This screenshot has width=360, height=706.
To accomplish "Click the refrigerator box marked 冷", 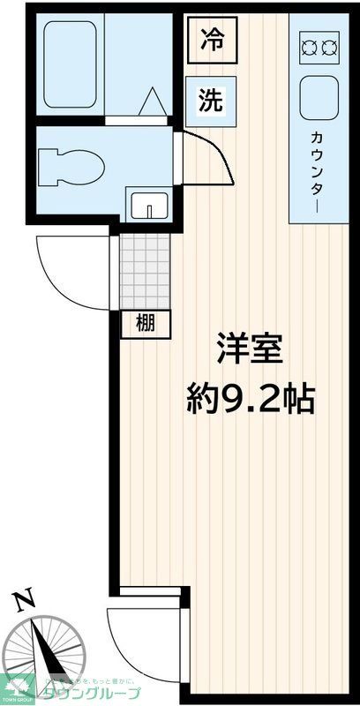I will pyautogui.click(x=211, y=41).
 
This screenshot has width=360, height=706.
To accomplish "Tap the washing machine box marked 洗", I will pyautogui.click(x=210, y=100).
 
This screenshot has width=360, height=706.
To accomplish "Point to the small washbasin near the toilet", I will pyautogui.click(x=149, y=205).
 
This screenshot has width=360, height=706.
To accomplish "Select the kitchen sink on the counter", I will pyautogui.click(x=319, y=98).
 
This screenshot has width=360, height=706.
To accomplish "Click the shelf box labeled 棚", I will pyautogui.click(x=145, y=324).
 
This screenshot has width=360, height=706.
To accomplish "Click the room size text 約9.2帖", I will pyautogui.click(x=250, y=401).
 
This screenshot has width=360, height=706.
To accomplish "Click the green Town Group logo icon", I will pyautogui.click(x=17, y=685).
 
